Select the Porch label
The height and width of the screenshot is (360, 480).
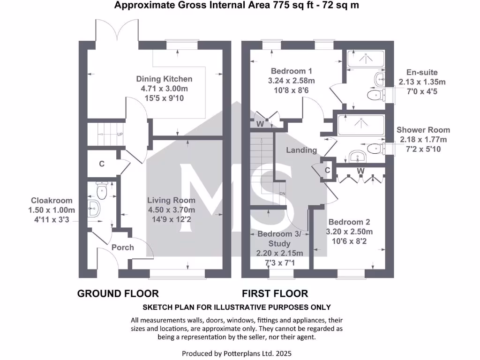pos(123,247)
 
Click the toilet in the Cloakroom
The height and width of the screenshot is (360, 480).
pos(102,191)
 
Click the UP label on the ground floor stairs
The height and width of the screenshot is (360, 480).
pos(120,135)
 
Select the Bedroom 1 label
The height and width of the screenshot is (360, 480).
pos(292,71)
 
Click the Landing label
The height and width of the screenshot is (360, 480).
pos(302,150)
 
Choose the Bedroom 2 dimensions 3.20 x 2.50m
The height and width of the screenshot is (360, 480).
pos(350,232)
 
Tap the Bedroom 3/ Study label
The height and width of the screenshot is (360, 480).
pos(280,239)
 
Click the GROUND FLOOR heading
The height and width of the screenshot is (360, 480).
pos(118,294)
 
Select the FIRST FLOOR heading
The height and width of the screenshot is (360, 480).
pos(275,294)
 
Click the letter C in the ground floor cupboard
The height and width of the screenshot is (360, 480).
pos(101,164)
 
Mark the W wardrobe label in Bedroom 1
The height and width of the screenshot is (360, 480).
pos(259,125)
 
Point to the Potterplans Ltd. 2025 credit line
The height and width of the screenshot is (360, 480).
pos(240,353)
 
